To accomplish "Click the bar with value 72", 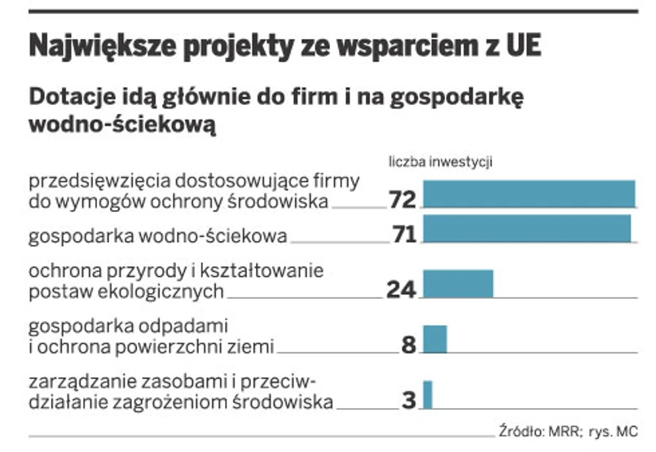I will click(x=529, y=194).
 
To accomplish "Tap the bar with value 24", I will click(x=458, y=283).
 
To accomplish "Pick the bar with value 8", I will click(x=435, y=339).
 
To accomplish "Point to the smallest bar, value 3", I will click(x=427, y=394).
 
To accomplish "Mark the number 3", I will click(x=410, y=401).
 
